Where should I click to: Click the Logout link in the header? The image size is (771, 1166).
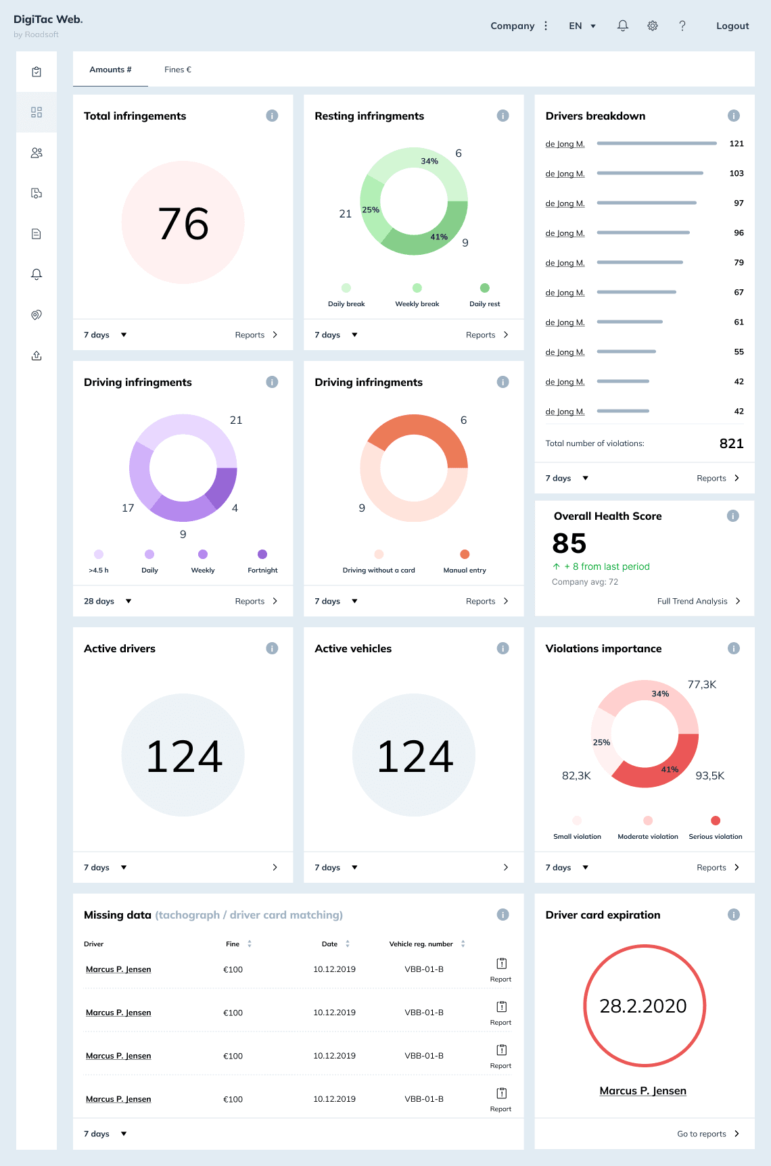tap(732, 26)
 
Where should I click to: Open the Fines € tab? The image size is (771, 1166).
tap(178, 70)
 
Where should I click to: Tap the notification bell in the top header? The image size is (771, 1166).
tap(623, 26)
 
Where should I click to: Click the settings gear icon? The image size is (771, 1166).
tap(653, 26)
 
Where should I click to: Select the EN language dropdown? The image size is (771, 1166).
tap(582, 26)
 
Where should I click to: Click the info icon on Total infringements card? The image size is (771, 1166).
tap(272, 116)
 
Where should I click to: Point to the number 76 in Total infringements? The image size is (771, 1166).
tap(183, 224)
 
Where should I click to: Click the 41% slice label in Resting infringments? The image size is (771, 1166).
tap(439, 237)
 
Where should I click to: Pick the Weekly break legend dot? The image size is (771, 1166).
tap(417, 288)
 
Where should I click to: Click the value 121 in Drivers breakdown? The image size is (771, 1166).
tap(737, 144)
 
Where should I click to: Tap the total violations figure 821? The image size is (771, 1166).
tap(732, 443)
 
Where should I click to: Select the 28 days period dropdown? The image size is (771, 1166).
tap(108, 601)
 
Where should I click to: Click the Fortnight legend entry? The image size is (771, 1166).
tap(262, 570)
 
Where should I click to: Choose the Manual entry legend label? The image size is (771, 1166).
tap(465, 570)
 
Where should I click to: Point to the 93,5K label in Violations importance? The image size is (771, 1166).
tap(710, 776)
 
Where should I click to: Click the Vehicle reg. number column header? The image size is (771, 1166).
tap(421, 944)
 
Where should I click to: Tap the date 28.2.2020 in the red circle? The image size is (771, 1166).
tap(643, 1006)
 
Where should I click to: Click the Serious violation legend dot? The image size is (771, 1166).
tap(716, 821)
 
